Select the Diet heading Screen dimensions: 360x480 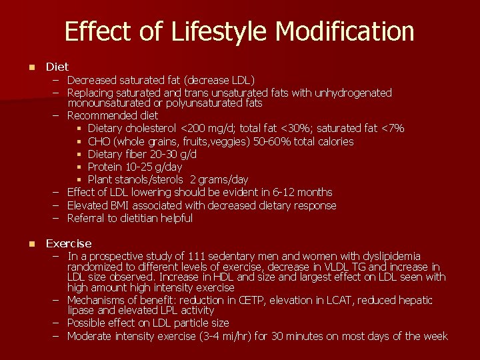57,67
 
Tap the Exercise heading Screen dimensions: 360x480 69,243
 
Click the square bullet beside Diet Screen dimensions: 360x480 31,67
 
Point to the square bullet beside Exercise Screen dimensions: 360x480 31,244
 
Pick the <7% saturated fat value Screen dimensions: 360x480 391,128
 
